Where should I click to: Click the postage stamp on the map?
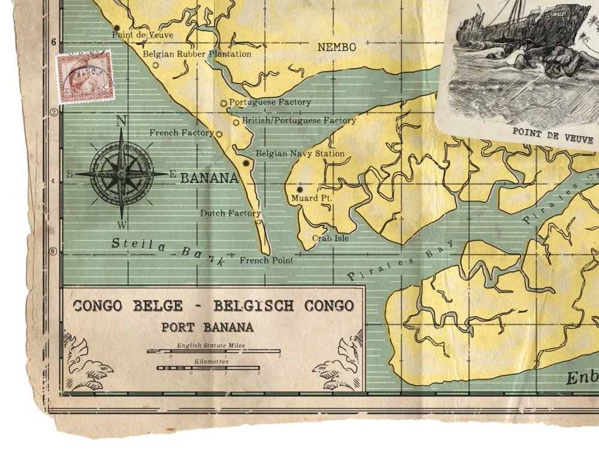(84, 77)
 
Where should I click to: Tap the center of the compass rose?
(122, 173)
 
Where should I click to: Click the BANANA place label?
(209, 178)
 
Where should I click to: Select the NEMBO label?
(337, 47)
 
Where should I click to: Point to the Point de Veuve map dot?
(117, 28)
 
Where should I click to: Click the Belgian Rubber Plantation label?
(196, 54)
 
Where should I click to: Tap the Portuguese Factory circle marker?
(224, 103)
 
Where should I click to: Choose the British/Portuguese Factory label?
(299, 121)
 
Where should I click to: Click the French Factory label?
(181, 133)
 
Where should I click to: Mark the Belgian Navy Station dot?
(246, 163)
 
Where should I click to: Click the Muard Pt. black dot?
(299, 189)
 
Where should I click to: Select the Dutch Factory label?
(230, 213)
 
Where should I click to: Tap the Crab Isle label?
(330, 238)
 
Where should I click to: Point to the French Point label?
(267, 260)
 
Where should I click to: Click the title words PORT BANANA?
(207, 328)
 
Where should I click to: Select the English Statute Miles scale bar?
(213, 351)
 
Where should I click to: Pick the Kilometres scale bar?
(208, 367)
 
